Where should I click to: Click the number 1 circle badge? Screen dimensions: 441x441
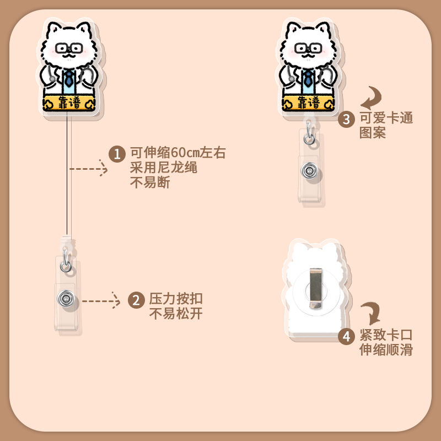point(116,154)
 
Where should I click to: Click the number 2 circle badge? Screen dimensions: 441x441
point(136,300)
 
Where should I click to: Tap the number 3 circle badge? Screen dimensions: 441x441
point(346,119)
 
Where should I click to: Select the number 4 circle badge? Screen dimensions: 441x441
point(346,336)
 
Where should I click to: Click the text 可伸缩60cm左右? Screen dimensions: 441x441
point(178,153)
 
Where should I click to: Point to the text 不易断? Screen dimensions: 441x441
point(149,182)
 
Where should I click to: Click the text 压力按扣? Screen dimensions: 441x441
point(176,300)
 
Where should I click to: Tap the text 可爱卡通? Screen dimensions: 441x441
point(386,119)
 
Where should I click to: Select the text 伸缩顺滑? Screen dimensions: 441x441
point(386,350)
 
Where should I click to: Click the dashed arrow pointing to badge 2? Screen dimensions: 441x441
point(100,300)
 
